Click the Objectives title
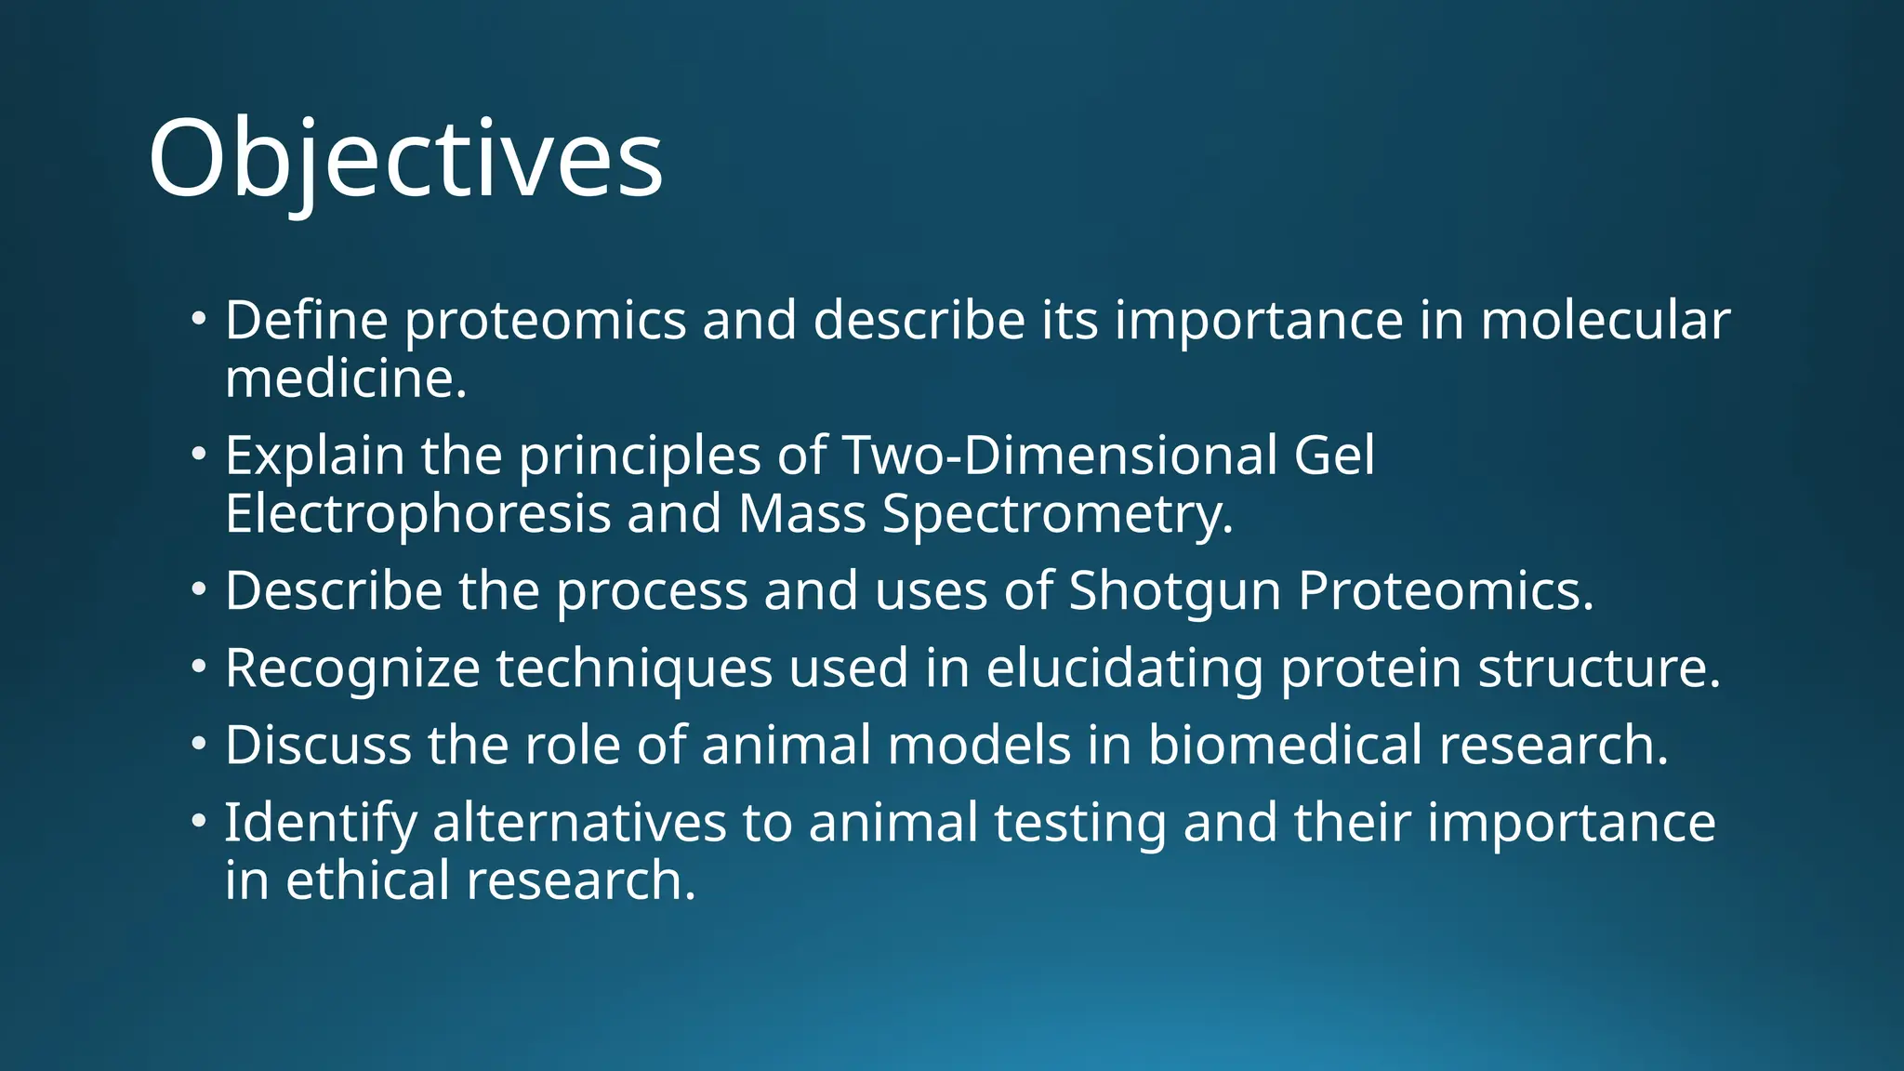click(x=405, y=158)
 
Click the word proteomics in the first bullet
click(x=545, y=322)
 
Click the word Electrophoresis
click(x=417, y=514)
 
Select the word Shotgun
click(x=1174, y=592)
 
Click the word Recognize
click(x=352, y=669)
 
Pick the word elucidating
click(x=1124, y=669)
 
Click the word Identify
click(x=321, y=825)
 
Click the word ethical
click(x=367, y=880)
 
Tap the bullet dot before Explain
click(x=198, y=455)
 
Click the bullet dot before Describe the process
click(x=198, y=589)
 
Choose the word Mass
click(x=801, y=514)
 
